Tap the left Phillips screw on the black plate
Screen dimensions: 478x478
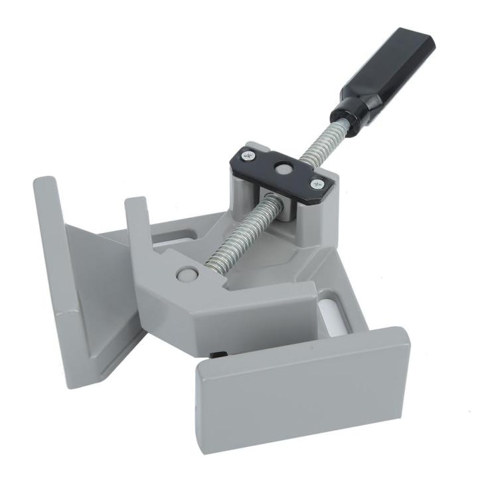pos(248,157)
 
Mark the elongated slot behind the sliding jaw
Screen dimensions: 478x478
pos(177,234)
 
